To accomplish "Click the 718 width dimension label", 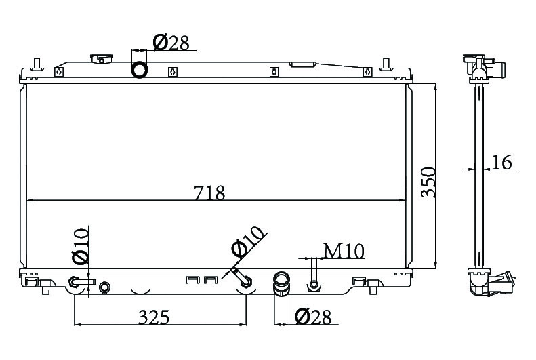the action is click(209, 193).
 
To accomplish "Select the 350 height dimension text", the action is click(428, 182).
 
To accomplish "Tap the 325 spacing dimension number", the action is click(154, 317).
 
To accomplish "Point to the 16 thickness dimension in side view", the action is click(502, 162).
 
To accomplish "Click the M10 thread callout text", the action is click(344, 252).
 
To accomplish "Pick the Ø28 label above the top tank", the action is click(171, 43).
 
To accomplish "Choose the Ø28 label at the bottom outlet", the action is click(313, 317).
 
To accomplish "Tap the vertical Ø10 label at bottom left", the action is click(81, 247).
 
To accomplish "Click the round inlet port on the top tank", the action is click(140, 70).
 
